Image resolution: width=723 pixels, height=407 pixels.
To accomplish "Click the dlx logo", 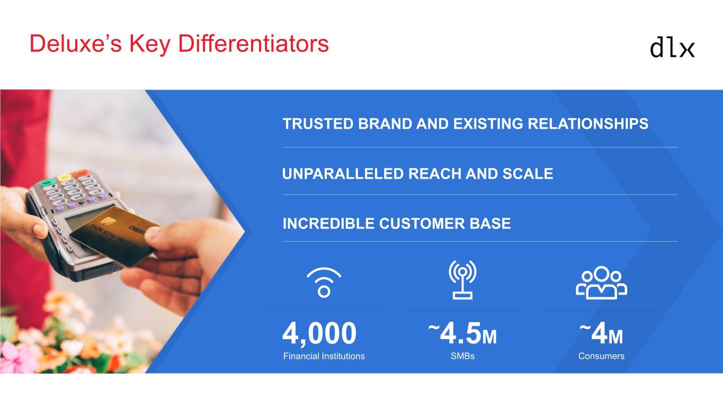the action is [x=672, y=49].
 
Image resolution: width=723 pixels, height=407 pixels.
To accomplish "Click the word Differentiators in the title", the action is [x=253, y=43].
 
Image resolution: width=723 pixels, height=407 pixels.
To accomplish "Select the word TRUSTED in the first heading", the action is [x=318, y=123].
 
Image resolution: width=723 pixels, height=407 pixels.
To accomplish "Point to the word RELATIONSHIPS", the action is [x=588, y=123].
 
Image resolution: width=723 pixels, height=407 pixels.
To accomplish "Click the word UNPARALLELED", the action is [x=343, y=174].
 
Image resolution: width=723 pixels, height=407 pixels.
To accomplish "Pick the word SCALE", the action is [x=528, y=174].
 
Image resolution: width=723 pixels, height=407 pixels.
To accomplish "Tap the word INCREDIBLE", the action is [x=328, y=224].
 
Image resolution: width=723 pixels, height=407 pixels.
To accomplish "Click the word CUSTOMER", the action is [x=422, y=224].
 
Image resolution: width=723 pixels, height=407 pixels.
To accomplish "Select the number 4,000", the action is [x=319, y=333].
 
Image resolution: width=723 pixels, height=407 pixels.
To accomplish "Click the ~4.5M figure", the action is [x=462, y=333].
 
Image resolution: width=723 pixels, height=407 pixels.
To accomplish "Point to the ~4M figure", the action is [x=601, y=333].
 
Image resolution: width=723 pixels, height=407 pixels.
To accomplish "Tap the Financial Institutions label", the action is [x=324, y=356].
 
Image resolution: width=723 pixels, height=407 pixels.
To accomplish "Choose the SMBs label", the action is [x=462, y=356].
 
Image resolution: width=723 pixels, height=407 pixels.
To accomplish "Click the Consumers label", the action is [x=601, y=356].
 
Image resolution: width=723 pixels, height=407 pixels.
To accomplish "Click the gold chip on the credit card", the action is [x=106, y=222].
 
